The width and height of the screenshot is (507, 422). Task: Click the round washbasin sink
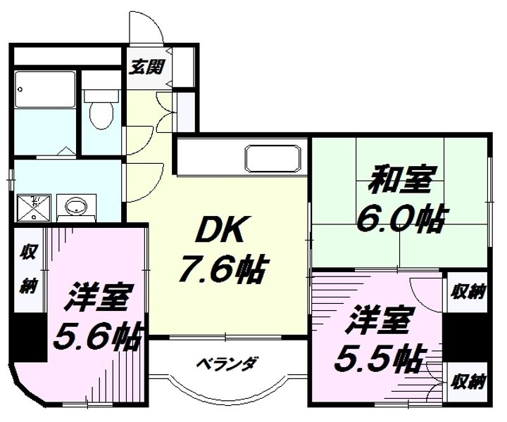click(75, 207)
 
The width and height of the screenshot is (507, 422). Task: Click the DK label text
click(212, 229)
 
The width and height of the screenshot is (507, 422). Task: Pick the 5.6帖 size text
click(97, 338)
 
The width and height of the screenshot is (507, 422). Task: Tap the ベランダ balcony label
click(226, 364)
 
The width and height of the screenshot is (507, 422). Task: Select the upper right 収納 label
click(468, 290)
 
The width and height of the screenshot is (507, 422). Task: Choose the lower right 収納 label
click(468, 381)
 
